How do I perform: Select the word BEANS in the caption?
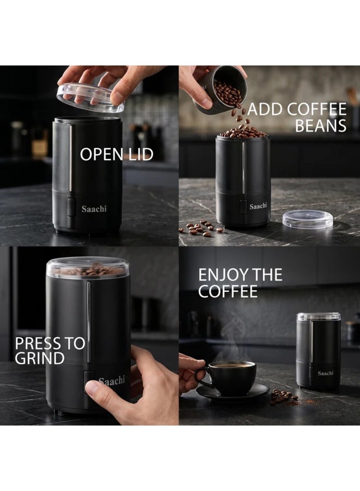(321, 125)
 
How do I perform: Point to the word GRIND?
(39, 358)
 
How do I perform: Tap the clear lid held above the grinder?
(90, 98)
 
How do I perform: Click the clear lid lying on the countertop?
(308, 219)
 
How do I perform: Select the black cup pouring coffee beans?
(221, 90)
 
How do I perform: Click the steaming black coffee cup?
(230, 378)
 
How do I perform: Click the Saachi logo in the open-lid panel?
(94, 209)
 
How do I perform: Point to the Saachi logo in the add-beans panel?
(258, 206)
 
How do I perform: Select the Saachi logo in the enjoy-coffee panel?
(326, 373)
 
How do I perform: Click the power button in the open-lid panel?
(71, 207)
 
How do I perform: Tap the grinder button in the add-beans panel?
(243, 206)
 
